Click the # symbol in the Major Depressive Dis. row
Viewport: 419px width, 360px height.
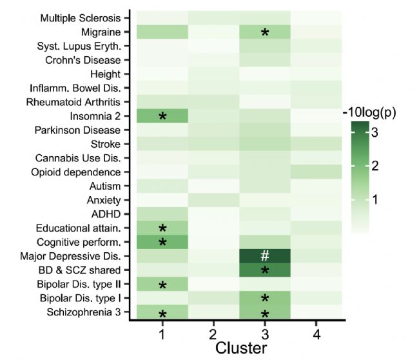[264, 255]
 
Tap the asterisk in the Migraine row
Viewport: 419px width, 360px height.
[264, 33]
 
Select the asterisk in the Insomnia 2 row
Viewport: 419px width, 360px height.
[162, 117]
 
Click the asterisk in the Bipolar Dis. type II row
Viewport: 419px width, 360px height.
[162, 285]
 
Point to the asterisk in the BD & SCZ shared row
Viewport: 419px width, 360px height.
[264, 271]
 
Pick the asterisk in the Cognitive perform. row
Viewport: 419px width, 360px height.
[162, 243]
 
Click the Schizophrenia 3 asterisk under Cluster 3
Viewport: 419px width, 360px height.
[264, 314]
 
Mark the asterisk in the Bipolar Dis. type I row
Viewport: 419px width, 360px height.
[264, 299]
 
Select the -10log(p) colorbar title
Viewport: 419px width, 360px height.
[369, 112]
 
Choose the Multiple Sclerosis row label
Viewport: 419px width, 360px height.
[80, 17]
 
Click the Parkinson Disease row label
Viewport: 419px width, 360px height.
[81, 130]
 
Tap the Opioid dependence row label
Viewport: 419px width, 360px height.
[75, 172]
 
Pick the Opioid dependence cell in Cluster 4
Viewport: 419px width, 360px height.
[315, 172]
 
